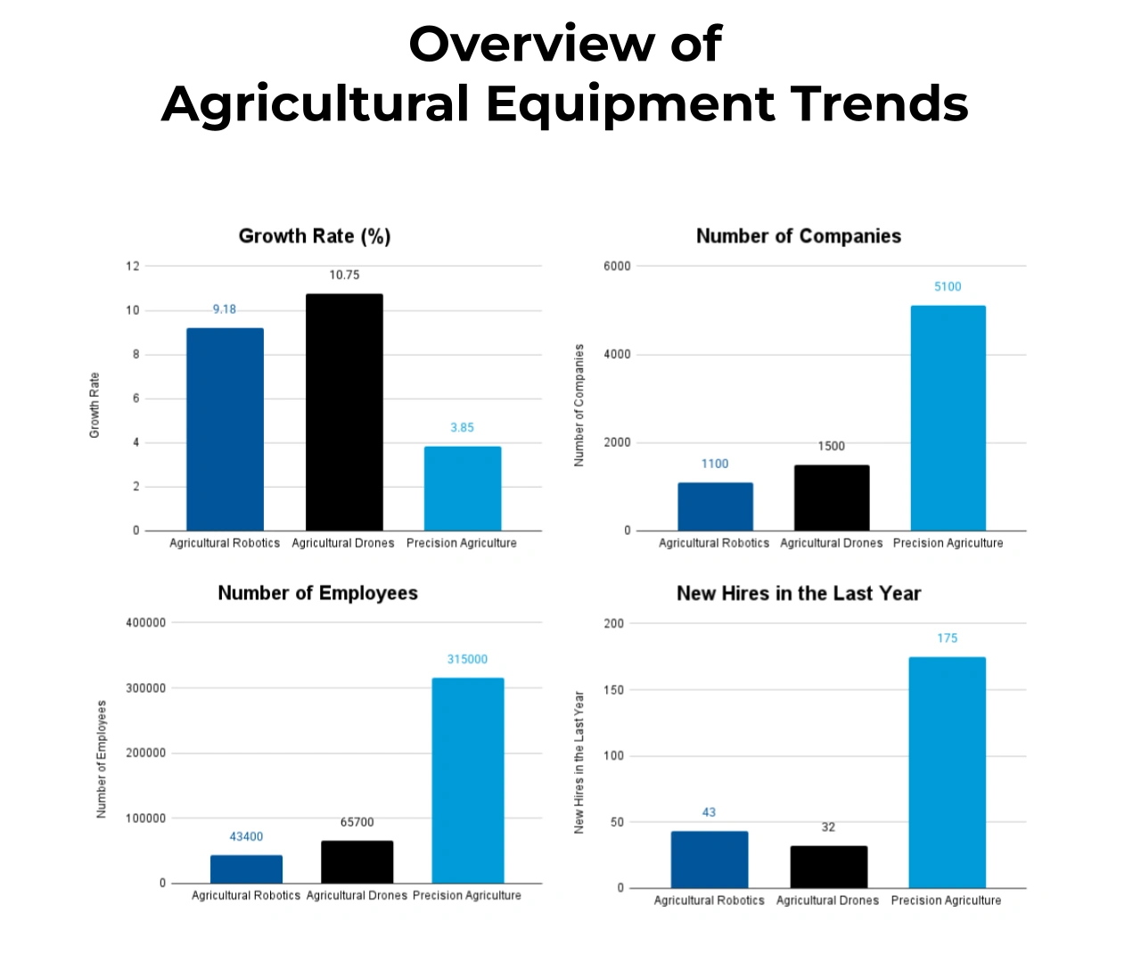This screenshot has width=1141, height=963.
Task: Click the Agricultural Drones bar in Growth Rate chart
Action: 344,412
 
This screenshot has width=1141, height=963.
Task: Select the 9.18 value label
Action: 225,309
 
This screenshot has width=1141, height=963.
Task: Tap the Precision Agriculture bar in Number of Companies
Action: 948,418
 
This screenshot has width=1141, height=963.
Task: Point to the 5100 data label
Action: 948,287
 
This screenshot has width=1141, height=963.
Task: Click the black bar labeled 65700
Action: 357,861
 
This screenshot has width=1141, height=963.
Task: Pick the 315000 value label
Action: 467,660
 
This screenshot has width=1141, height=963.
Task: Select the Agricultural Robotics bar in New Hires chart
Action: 710,859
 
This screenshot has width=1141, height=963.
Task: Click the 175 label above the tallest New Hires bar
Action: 947,638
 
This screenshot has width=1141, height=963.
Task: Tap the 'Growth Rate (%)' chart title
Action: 315,236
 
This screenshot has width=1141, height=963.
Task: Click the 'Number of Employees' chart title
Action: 317,594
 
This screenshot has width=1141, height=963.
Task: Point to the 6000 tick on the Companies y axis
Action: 617,267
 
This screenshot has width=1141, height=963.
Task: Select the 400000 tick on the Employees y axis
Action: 145,623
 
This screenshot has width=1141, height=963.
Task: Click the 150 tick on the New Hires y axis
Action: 614,690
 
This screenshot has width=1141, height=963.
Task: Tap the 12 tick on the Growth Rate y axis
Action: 133,267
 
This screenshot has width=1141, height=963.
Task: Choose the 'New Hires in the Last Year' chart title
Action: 799,594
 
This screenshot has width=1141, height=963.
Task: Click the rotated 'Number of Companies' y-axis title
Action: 579,406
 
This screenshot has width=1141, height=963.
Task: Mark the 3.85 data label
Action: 462,428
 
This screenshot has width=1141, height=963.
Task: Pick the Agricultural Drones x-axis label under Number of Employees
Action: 357,895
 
